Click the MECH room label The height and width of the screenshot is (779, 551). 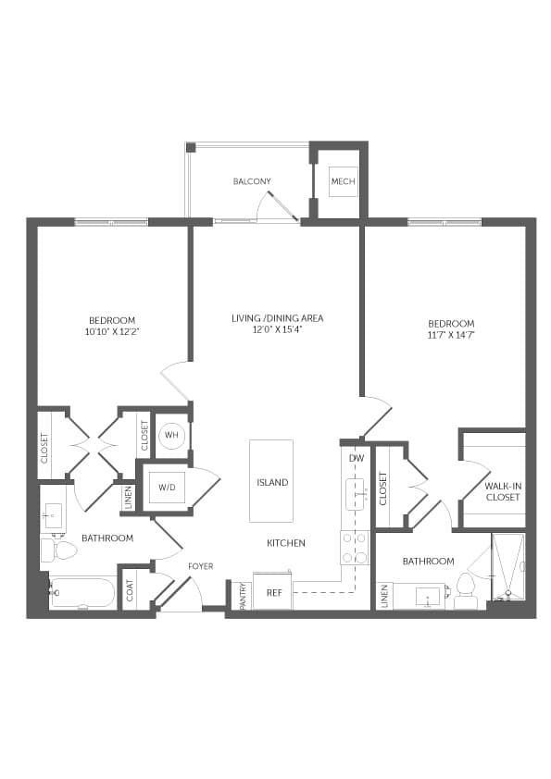point(344,181)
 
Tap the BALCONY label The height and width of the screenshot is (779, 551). point(252,181)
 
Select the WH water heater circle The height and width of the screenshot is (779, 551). point(171,435)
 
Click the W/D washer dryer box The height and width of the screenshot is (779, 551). point(167,488)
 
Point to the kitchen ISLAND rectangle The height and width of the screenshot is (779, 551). point(271,481)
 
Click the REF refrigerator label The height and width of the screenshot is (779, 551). point(274,593)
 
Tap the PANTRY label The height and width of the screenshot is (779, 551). point(244,596)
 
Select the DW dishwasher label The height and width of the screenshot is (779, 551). point(357,458)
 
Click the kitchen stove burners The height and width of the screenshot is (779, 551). point(355,548)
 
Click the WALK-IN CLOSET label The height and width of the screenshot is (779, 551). point(503,492)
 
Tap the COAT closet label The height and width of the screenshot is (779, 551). point(131,590)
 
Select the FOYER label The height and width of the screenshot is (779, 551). point(201,566)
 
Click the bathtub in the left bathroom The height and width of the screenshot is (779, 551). point(82,593)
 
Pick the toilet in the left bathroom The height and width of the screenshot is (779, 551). point(59,549)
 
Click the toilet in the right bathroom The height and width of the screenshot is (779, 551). point(466,590)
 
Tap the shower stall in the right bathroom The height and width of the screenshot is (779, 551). point(507,566)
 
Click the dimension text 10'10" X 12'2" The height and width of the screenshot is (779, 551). point(111,331)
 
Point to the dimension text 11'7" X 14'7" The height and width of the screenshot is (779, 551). point(451,334)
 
